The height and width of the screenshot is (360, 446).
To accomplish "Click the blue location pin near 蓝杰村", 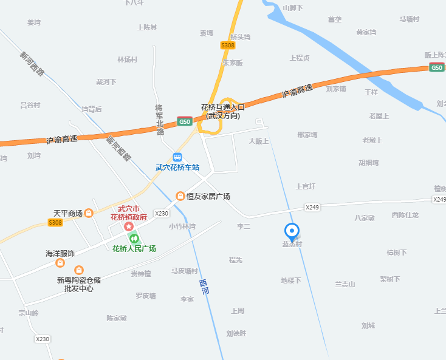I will tap(292, 231).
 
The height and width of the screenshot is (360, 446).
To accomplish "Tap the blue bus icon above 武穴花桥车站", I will tap(177, 157).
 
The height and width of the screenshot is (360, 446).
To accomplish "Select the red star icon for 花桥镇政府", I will tap(129, 226).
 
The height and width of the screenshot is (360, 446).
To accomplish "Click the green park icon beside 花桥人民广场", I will tap(134, 237).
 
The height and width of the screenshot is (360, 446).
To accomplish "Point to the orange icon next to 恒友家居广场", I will tap(180, 196).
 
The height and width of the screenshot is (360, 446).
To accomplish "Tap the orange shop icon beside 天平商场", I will tap(89, 213).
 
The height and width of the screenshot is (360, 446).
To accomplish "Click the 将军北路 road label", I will tap(160, 119).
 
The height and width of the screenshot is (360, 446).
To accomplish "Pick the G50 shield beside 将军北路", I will tap(185, 121).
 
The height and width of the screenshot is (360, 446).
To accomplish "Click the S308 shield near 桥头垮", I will tap(228, 46).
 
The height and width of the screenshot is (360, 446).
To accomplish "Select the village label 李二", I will tap(243, 226).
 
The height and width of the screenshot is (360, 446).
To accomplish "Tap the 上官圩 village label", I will tap(305, 186).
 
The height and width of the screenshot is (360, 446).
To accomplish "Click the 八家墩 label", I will tap(365, 217).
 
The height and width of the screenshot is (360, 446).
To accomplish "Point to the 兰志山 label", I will tap(345, 284).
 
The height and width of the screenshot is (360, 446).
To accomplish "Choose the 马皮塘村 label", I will tap(184, 271).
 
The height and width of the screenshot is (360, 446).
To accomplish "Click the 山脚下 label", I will tap(293, 8).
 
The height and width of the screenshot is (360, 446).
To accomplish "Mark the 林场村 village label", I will tap(128, 59).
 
